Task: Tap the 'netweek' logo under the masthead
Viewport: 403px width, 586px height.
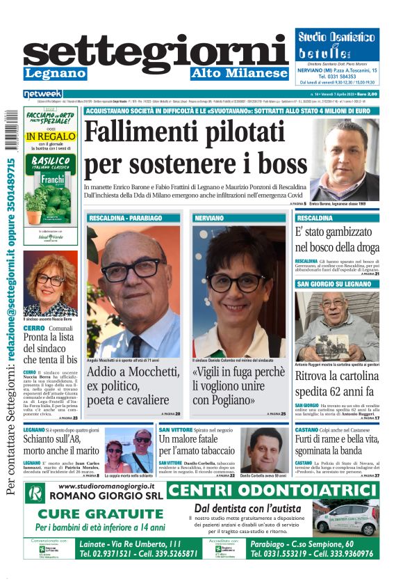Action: tap(43, 94)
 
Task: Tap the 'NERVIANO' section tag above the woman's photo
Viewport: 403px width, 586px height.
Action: tap(209, 219)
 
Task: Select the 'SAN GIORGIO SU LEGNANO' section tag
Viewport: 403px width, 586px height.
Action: tap(334, 284)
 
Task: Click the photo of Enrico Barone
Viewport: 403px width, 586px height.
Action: tap(343, 161)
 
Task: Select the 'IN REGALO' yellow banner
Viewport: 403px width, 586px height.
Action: tap(50, 137)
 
